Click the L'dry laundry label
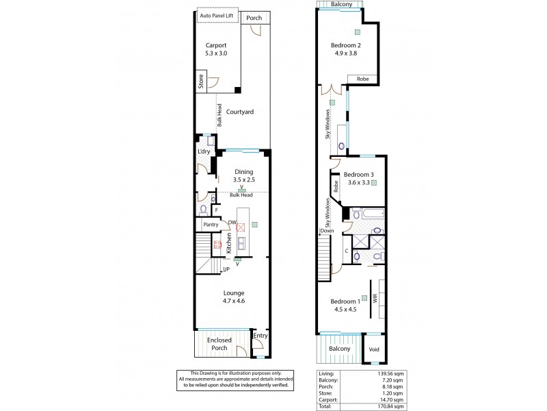point(203,151)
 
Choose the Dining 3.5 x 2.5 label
point(243,176)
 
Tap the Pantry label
point(211,224)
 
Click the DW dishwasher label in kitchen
point(232,223)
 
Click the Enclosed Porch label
point(219,344)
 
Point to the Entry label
point(261,336)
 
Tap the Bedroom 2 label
point(345,50)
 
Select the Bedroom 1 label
point(345,306)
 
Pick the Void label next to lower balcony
point(373,348)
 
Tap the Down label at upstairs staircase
point(326,232)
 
